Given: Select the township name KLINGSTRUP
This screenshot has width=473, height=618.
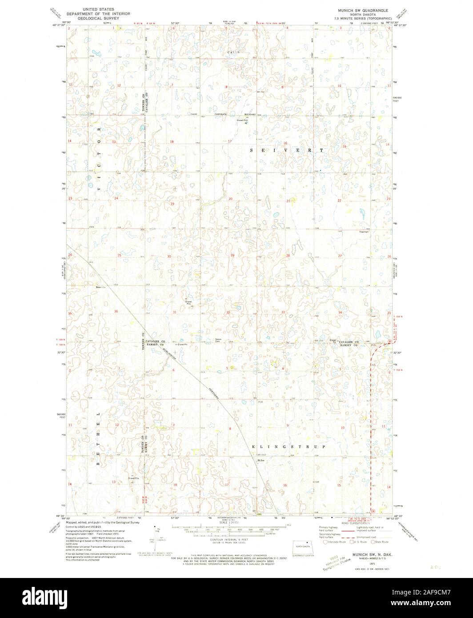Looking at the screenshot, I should click(289, 446).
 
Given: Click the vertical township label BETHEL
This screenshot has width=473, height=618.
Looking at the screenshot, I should click(98, 438).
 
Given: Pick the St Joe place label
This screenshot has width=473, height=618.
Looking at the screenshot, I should click(262, 461).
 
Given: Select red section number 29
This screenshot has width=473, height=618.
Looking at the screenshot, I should click(232, 256).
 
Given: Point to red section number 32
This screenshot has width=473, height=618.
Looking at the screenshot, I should click(228, 313).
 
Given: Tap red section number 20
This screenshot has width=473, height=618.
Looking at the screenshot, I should click(230, 199).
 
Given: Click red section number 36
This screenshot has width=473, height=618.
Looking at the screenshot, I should click(116, 311).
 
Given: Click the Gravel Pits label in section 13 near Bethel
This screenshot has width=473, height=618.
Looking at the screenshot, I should click(134, 478).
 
